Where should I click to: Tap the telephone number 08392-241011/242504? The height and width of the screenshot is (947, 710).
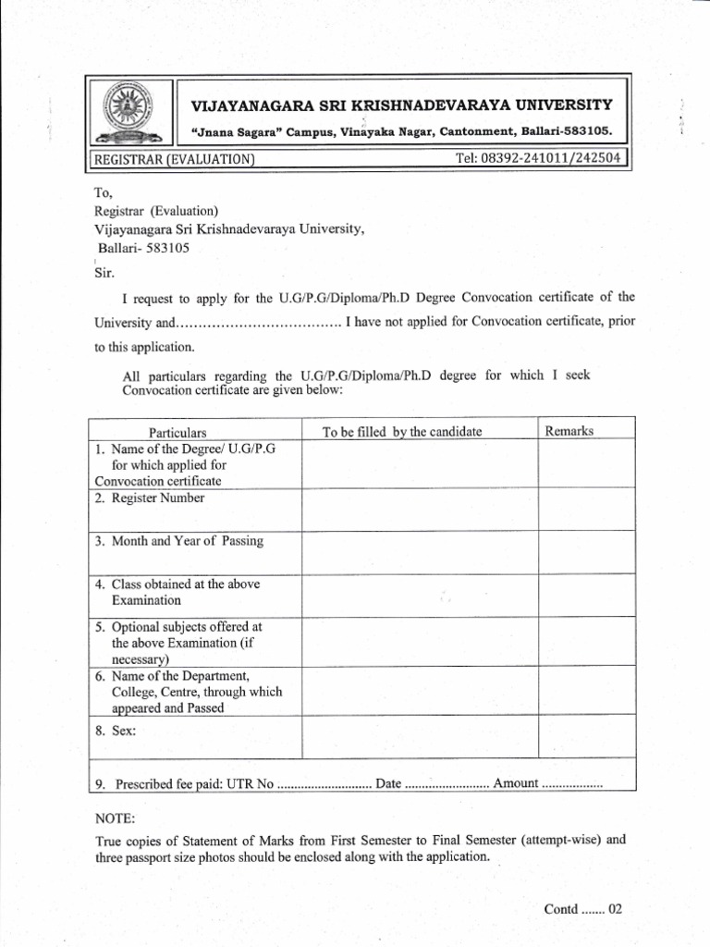pyautogui.click(x=540, y=158)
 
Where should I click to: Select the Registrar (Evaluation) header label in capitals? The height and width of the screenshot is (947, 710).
pyautogui.click(x=174, y=159)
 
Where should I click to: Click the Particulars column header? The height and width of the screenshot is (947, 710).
pyautogui.click(x=177, y=432)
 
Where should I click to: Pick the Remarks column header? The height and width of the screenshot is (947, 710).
pyautogui.click(x=569, y=431)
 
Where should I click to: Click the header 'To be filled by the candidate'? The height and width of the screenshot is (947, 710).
pyautogui.click(x=402, y=432)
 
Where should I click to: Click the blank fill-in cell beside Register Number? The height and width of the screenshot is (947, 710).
pyautogui.click(x=420, y=509)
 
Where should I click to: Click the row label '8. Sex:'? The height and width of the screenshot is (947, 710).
pyautogui.click(x=116, y=731)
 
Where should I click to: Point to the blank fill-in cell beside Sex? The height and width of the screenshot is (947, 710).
pyautogui.click(x=420, y=736)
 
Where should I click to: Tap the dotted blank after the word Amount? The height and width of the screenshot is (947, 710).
pyautogui.click(x=571, y=784)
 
